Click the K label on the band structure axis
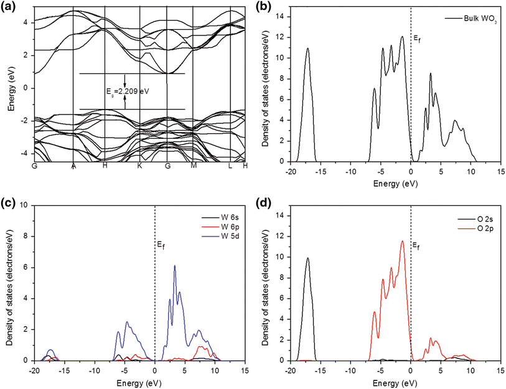point(139,166)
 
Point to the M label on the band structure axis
point(194,166)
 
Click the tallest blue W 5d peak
point(175,266)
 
